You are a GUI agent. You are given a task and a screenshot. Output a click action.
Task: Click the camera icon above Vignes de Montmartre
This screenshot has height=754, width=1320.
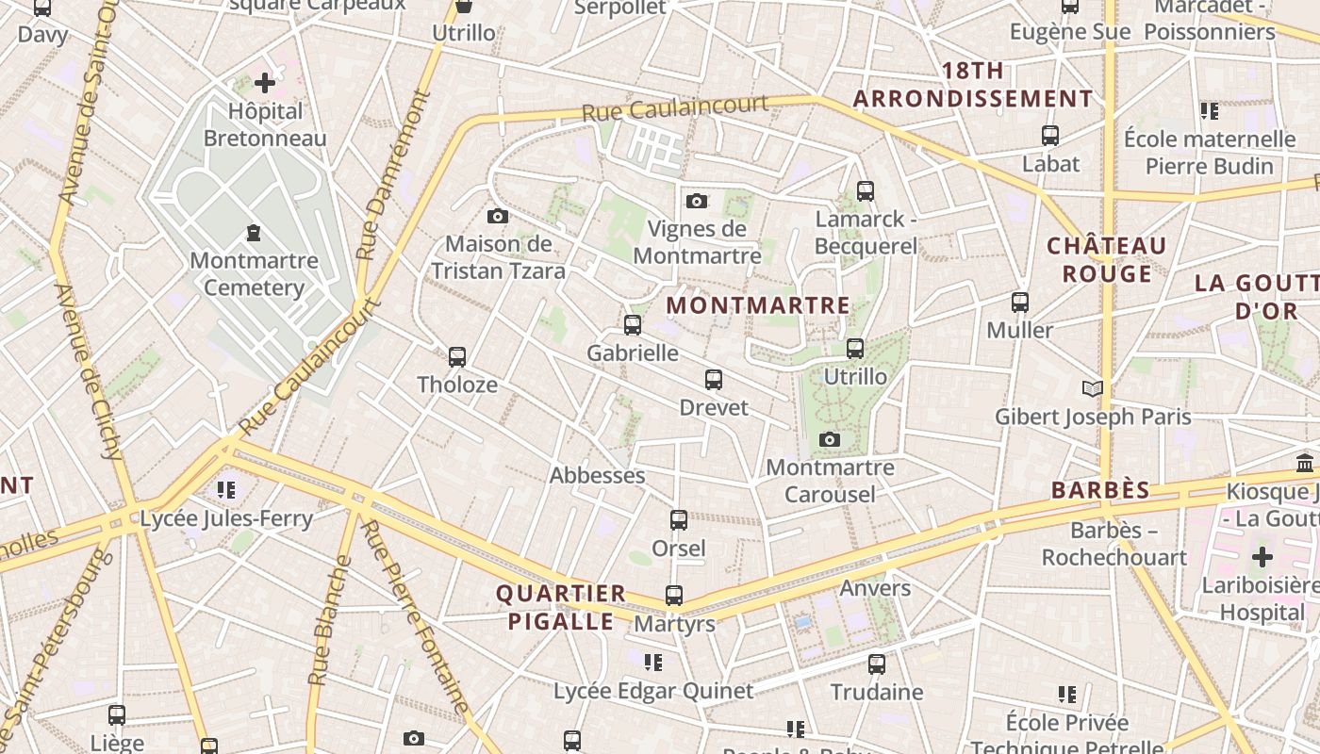click(x=697, y=201)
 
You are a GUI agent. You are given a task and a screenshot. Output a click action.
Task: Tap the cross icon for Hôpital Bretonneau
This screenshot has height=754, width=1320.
click(x=265, y=83)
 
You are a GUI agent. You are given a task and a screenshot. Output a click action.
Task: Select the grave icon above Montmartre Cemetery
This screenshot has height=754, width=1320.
click(x=254, y=232)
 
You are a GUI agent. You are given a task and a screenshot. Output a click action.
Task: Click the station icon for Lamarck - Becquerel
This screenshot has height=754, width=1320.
click(x=866, y=191)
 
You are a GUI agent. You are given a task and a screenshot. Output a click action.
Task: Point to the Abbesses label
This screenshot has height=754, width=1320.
click(x=597, y=475)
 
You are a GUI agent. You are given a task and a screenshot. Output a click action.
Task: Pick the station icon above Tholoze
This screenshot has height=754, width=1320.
click(x=457, y=357)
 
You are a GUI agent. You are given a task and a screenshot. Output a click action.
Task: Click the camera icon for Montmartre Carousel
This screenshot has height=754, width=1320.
click(x=830, y=440)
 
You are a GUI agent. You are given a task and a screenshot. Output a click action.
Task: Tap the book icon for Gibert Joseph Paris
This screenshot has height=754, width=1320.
click(x=1092, y=388)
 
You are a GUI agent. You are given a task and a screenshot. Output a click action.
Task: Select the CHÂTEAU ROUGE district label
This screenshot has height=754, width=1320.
click(x=1107, y=260)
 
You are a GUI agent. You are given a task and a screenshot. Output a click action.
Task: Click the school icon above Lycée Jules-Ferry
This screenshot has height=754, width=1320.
click(x=226, y=490)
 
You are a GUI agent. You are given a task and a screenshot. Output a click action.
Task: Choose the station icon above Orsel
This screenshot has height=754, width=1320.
click(x=679, y=520)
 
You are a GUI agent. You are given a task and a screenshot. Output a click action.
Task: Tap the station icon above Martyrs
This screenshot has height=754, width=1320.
click(x=674, y=596)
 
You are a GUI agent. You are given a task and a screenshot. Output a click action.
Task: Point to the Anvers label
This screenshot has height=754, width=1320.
click(x=875, y=588)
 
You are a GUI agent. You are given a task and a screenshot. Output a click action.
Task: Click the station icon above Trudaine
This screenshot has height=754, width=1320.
click(x=877, y=664)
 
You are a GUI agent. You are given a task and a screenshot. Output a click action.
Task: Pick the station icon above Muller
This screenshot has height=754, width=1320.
click(x=1020, y=303)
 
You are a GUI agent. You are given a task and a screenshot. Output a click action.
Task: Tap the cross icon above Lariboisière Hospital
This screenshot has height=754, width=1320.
click(x=1262, y=556)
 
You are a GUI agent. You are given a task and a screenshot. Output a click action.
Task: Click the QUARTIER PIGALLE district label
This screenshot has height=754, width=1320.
click(x=561, y=607)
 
